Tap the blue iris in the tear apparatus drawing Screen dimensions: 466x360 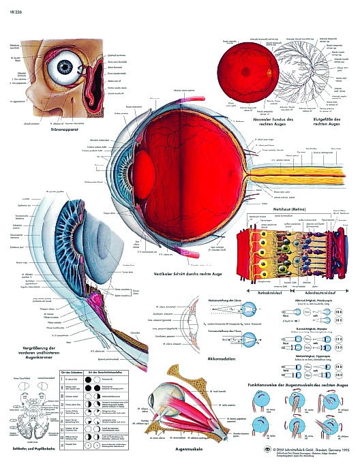(65, 67)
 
